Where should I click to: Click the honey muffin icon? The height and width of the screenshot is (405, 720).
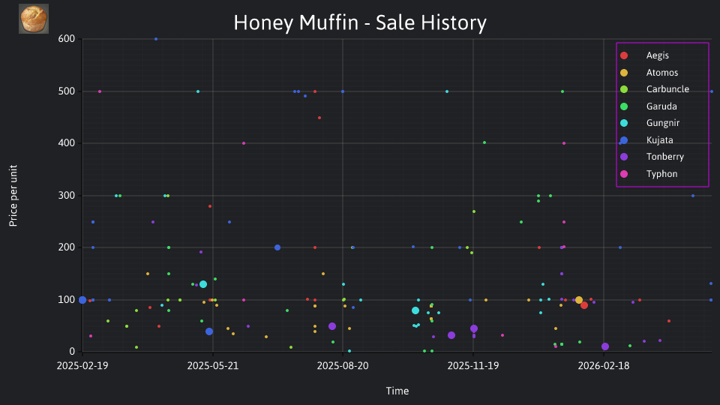coord(34,19)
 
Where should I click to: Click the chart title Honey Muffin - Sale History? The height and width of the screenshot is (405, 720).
coord(360,22)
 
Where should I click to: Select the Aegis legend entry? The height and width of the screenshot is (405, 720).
coord(657,55)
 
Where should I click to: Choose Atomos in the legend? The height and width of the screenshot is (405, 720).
coord(661,73)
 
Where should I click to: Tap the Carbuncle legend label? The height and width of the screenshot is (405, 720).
coord(667,89)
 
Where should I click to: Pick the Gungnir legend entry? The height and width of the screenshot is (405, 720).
coord(662,123)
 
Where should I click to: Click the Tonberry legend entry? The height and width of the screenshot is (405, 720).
coord(665,157)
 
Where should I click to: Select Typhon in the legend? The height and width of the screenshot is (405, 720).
coord(661,173)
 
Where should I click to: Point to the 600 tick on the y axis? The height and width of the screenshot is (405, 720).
coord(67,39)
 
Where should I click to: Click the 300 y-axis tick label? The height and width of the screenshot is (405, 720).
coord(67,196)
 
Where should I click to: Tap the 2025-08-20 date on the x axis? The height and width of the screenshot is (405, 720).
coord(343,366)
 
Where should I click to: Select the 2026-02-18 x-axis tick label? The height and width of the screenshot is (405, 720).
coord(603,366)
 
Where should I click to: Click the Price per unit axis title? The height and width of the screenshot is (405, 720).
coord(13,196)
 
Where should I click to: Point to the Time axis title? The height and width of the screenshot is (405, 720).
coord(397,391)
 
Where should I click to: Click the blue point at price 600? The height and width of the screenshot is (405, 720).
coord(156,39)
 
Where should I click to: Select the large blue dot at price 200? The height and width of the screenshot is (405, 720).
coord(277,247)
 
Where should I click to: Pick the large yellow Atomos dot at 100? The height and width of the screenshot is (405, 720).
coord(579,300)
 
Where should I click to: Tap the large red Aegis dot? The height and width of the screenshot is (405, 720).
coord(584,305)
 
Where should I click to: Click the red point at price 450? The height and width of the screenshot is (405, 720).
coord(319,118)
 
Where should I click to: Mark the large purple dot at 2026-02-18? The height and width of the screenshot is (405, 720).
coord(605,346)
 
